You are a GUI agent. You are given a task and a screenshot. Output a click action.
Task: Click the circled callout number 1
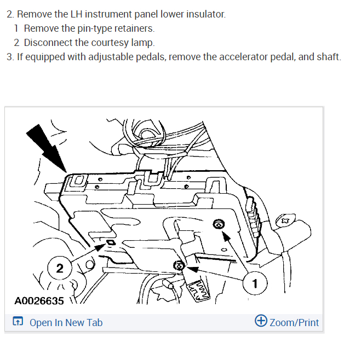point(255,283)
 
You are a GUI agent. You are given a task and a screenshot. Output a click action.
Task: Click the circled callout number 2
point(60,268)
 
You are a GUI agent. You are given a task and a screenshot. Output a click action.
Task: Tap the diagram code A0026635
point(39,301)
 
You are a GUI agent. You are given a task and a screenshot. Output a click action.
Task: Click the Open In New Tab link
point(66,323)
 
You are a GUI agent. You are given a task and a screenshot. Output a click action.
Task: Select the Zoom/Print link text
point(294,323)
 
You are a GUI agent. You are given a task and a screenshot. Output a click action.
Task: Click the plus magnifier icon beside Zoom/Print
point(261,321)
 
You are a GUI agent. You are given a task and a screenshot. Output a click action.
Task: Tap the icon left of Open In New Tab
point(18,321)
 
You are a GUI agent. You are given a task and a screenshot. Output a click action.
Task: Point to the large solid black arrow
point(46,148)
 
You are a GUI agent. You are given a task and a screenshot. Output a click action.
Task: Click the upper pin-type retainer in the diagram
point(218,224)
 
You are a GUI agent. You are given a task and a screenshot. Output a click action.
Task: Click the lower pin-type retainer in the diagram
point(179,266)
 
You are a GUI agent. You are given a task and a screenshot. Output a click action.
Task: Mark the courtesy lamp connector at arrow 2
point(111,242)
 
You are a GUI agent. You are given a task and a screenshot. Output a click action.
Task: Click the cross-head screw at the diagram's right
point(286,220)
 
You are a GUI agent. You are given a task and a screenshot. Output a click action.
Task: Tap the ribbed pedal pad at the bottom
point(199,291)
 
